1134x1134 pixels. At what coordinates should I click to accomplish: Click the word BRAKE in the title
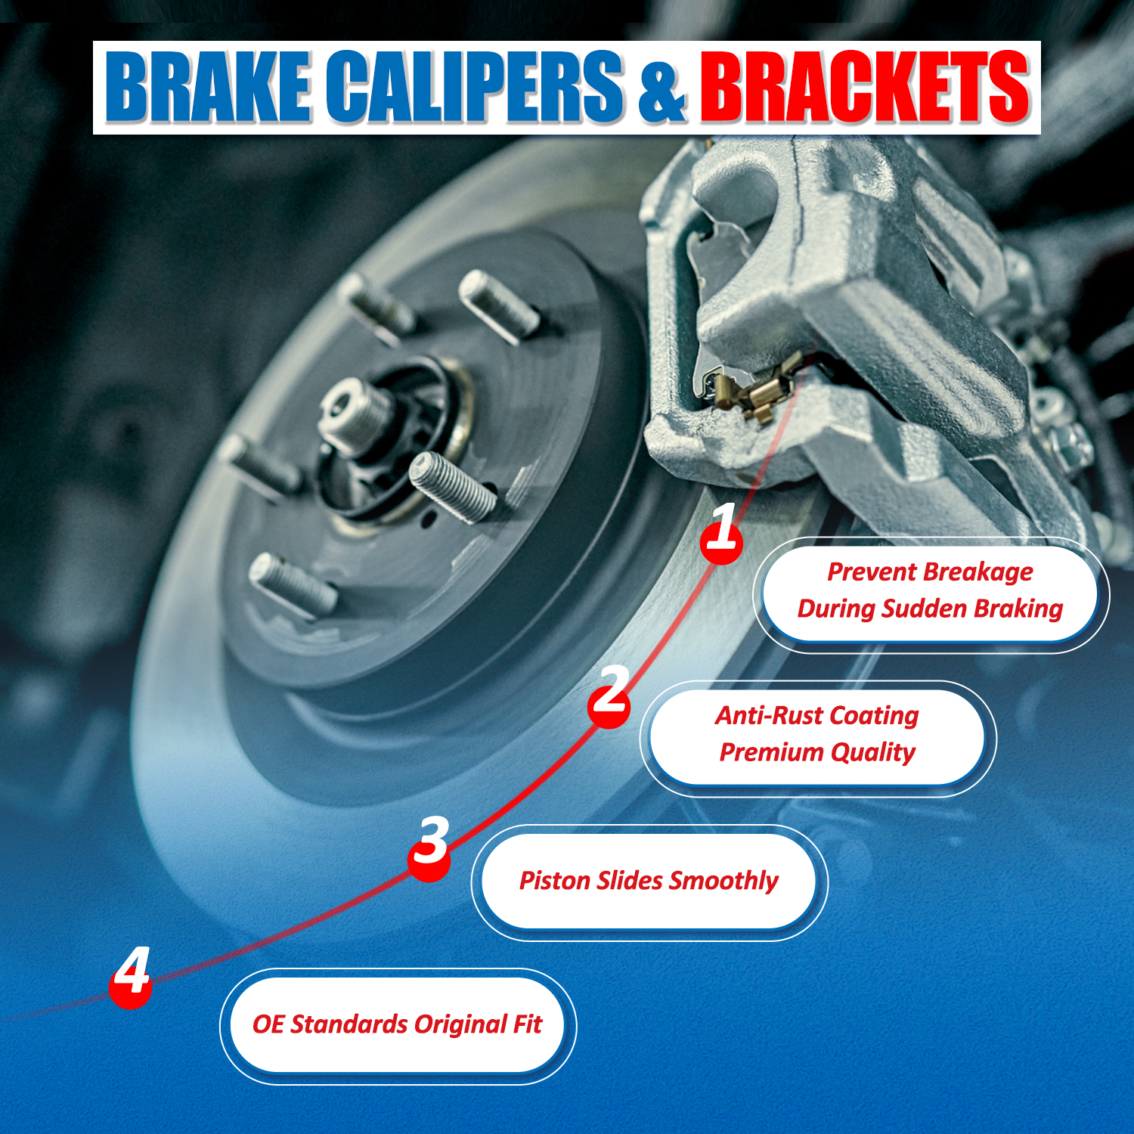(208, 86)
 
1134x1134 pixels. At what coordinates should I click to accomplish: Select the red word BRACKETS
(865, 86)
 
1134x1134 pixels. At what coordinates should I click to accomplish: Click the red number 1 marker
(721, 533)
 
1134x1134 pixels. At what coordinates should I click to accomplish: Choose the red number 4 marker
(131, 977)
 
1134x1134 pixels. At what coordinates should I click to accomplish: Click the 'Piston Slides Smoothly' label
(649, 881)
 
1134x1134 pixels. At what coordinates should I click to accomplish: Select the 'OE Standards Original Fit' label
(397, 1024)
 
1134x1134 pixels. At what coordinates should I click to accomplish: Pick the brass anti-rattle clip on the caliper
(760, 389)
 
